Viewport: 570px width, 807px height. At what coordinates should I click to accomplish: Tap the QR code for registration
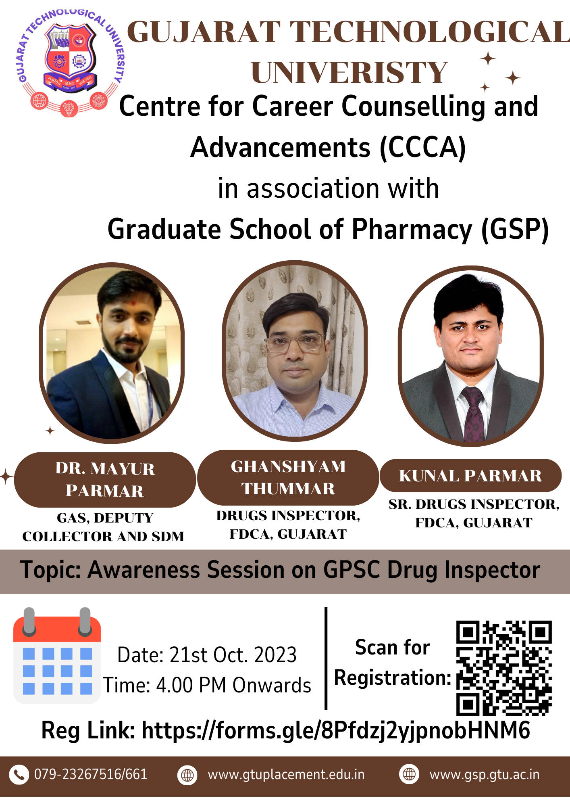(504, 668)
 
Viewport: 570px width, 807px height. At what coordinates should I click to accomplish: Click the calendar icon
(57, 656)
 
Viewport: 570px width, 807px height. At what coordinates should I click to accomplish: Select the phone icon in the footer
(19, 775)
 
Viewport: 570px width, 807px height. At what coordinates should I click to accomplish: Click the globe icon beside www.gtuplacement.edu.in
(187, 775)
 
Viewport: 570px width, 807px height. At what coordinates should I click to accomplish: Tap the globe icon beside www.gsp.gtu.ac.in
(409, 774)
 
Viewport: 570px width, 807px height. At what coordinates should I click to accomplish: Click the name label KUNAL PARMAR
(470, 476)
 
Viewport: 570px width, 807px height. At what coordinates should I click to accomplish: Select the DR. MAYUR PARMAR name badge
(105, 480)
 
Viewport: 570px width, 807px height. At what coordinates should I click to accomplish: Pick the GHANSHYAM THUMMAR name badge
(288, 478)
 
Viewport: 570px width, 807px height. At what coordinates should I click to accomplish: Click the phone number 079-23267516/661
(91, 775)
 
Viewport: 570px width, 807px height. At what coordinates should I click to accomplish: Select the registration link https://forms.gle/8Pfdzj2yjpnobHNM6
(336, 730)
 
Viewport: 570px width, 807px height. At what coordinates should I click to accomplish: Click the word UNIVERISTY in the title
(349, 73)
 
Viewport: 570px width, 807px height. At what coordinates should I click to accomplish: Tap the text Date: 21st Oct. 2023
(207, 654)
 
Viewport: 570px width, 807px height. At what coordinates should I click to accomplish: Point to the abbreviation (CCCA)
(423, 148)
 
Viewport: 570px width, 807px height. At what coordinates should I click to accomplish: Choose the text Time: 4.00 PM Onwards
(207, 685)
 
